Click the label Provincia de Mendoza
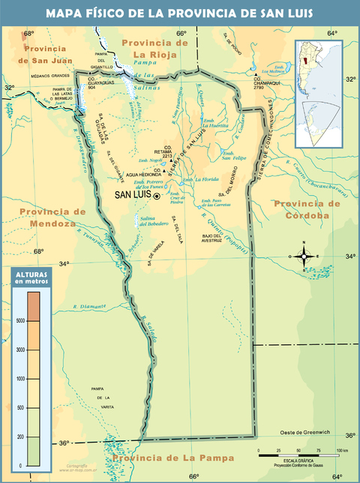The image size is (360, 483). coord(49,217)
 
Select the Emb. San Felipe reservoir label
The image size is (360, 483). coord(233,154)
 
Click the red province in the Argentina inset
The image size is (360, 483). coord(309,62)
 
